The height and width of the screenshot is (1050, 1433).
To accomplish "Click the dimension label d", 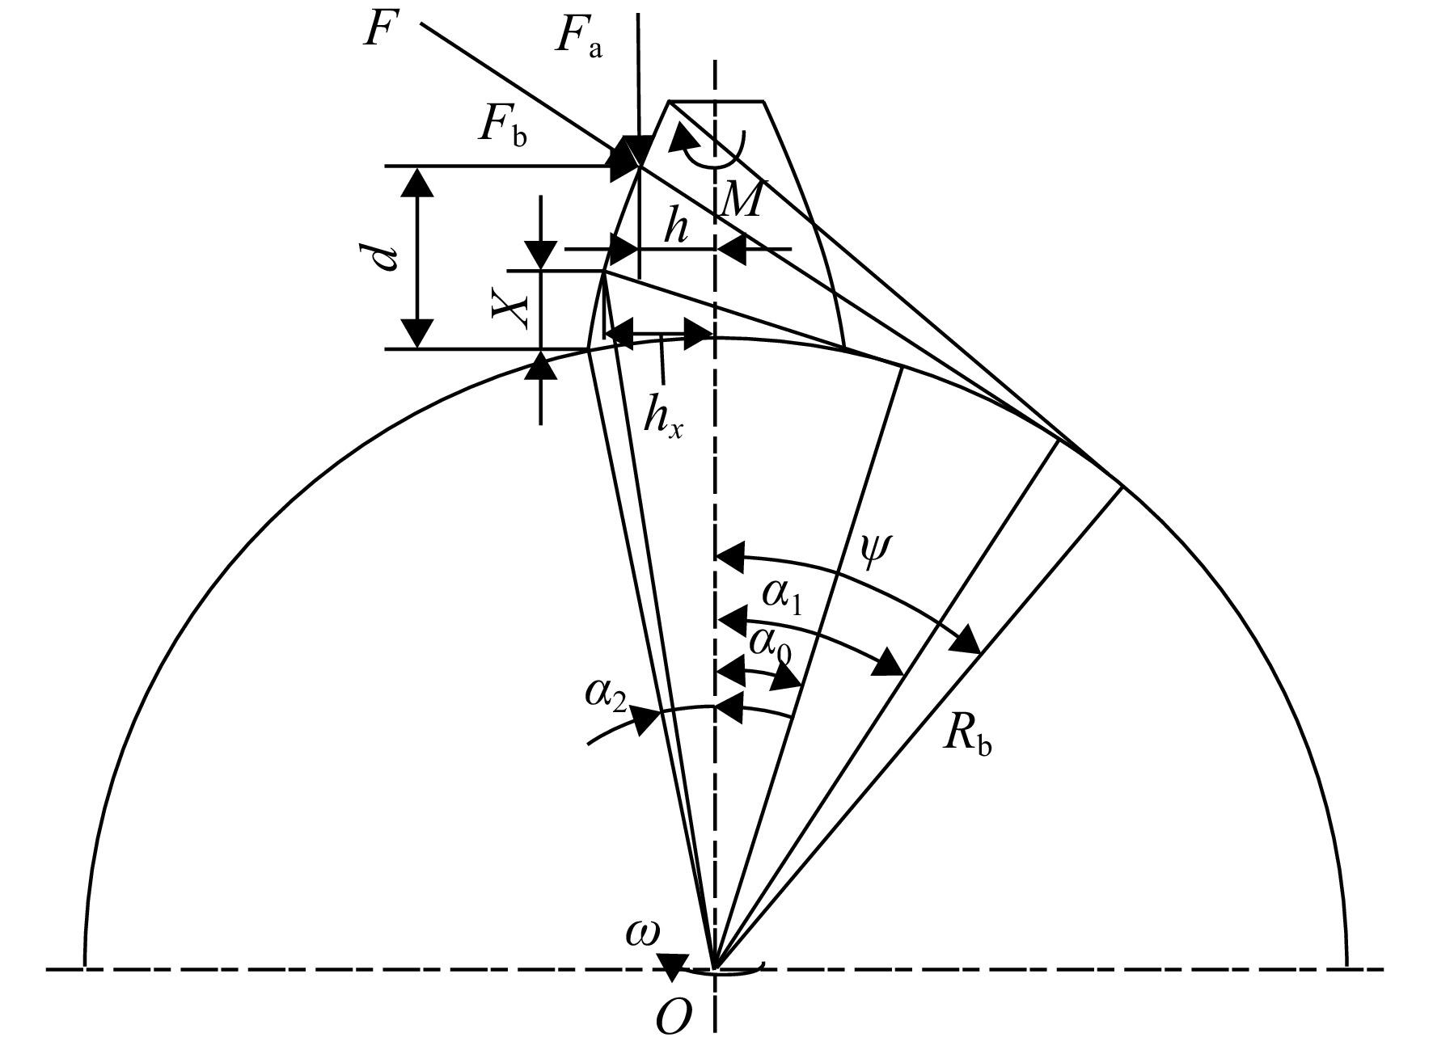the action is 387,257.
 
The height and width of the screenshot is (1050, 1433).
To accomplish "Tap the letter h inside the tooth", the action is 676,230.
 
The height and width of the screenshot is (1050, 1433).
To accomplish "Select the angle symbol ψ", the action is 874,552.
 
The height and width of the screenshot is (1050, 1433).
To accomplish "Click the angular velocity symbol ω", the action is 643,933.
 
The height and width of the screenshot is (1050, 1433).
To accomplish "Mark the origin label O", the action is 674,1021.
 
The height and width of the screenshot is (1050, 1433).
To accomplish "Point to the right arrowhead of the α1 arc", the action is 890,663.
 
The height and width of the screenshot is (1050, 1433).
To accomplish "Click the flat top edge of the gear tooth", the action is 716,101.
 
